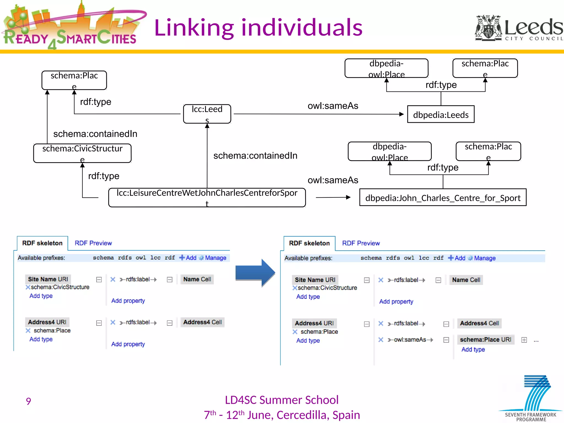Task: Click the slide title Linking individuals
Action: click(258, 28)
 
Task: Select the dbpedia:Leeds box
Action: click(441, 115)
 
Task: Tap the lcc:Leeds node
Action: click(207, 114)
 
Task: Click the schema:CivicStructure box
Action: click(82, 153)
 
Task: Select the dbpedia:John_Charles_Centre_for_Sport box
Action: click(443, 198)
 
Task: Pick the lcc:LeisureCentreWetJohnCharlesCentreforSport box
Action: click(207, 197)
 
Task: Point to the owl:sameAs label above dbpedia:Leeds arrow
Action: click(333, 106)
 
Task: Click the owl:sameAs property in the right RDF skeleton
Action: click(410, 340)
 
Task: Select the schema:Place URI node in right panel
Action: click(485, 340)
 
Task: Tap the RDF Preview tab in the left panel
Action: click(93, 243)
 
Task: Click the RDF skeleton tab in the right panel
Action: click(309, 243)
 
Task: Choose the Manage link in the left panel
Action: click(215, 258)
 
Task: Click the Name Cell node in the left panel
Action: click(197, 279)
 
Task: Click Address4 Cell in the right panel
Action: click(479, 323)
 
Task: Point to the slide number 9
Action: click(28, 401)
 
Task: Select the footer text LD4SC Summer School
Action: click(281, 400)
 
